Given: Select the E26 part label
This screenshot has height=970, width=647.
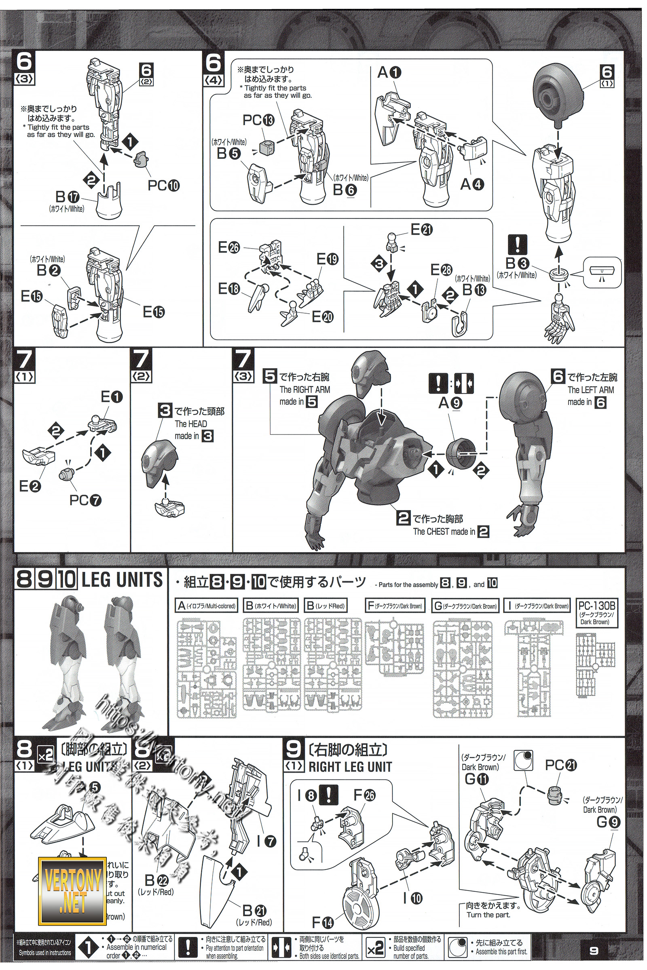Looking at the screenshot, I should pyautogui.click(x=228, y=247).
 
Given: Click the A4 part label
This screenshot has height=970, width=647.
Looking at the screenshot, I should pyautogui.click(x=472, y=184).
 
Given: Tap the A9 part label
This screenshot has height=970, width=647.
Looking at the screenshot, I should pyautogui.click(x=450, y=403).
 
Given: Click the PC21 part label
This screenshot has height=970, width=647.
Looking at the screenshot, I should pyautogui.click(x=561, y=765).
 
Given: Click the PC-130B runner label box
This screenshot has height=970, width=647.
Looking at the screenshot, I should pyautogui.click(x=597, y=612).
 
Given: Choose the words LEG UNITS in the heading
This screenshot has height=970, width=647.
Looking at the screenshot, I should pyautogui.click(x=122, y=580).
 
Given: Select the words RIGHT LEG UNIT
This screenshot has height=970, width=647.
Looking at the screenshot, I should pyautogui.click(x=350, y=767).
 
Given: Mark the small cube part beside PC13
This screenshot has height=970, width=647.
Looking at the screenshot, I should pyautogui.click(x=265, y=145).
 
